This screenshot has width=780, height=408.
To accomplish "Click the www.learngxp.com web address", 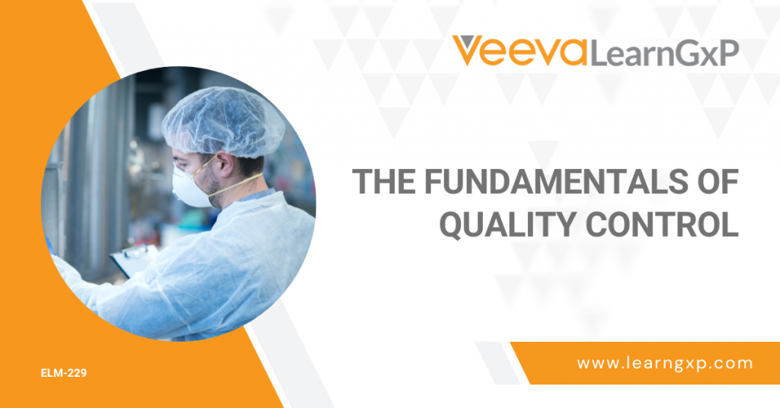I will pyautogui.click(x=664, y=363).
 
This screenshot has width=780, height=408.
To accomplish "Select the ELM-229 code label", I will pyautogui.click(x=64, y=373).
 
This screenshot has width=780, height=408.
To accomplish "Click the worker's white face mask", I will pyautogui.click(x=190, y=185).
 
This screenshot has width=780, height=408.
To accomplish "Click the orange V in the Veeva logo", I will pyautogui.click(x=471, y=50).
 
